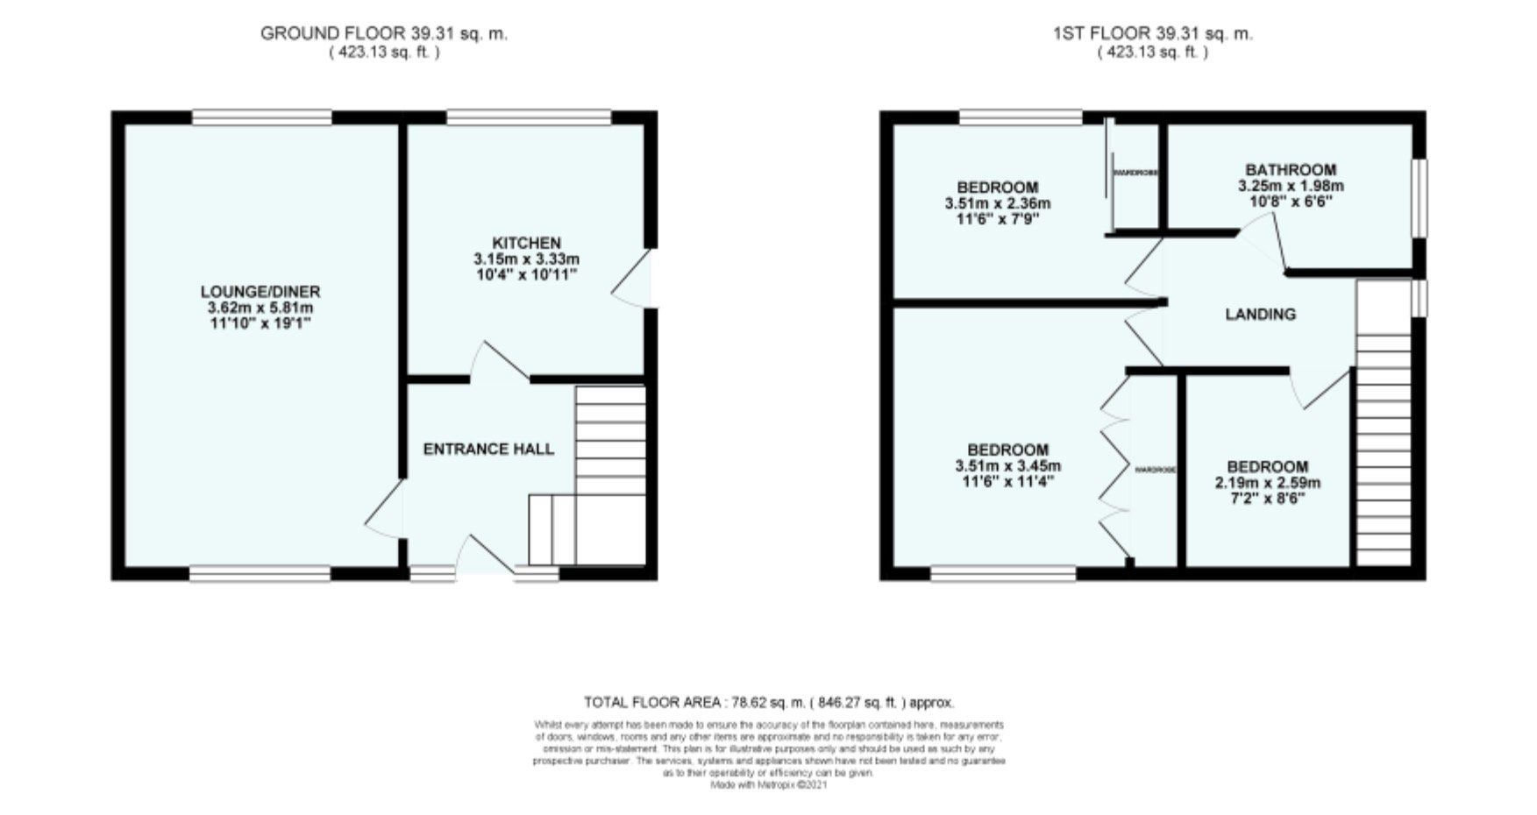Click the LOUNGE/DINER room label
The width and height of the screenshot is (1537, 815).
tap(260, 292)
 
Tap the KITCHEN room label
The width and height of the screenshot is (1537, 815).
tap(526, 243)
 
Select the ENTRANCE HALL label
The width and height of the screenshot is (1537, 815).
tap(488, 450)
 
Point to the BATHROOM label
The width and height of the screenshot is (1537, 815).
tap(1291, 170)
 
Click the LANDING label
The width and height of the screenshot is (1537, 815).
tap(1260, 314)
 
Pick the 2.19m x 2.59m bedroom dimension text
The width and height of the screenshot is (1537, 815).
tap(1267, 483)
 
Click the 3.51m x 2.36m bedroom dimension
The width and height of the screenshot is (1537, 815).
tap(997, 203)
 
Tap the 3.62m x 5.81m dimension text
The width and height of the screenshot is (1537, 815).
tap(260, 308)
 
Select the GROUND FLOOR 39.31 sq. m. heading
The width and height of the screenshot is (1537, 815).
tap(384, 33)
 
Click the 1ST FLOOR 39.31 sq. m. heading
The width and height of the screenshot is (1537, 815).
tap(1153, 33)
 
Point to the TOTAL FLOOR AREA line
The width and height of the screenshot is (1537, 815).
tap(769, 702)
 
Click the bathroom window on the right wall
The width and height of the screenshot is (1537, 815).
tap(1418, 197)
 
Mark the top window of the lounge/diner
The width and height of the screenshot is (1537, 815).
tap(262, 117)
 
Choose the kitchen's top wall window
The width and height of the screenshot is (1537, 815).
tap(529, 117)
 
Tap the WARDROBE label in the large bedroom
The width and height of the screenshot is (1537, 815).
tap(1155, 471)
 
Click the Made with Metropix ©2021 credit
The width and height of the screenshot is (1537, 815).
tap(768, 785)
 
